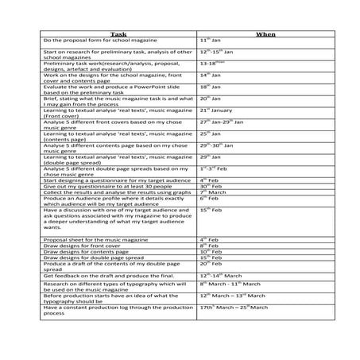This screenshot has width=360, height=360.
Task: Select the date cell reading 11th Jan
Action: [x=209, y=40]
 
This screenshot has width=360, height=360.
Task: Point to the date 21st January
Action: [x=215, y=110]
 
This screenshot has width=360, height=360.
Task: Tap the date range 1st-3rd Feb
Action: [x=214, y=169]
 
